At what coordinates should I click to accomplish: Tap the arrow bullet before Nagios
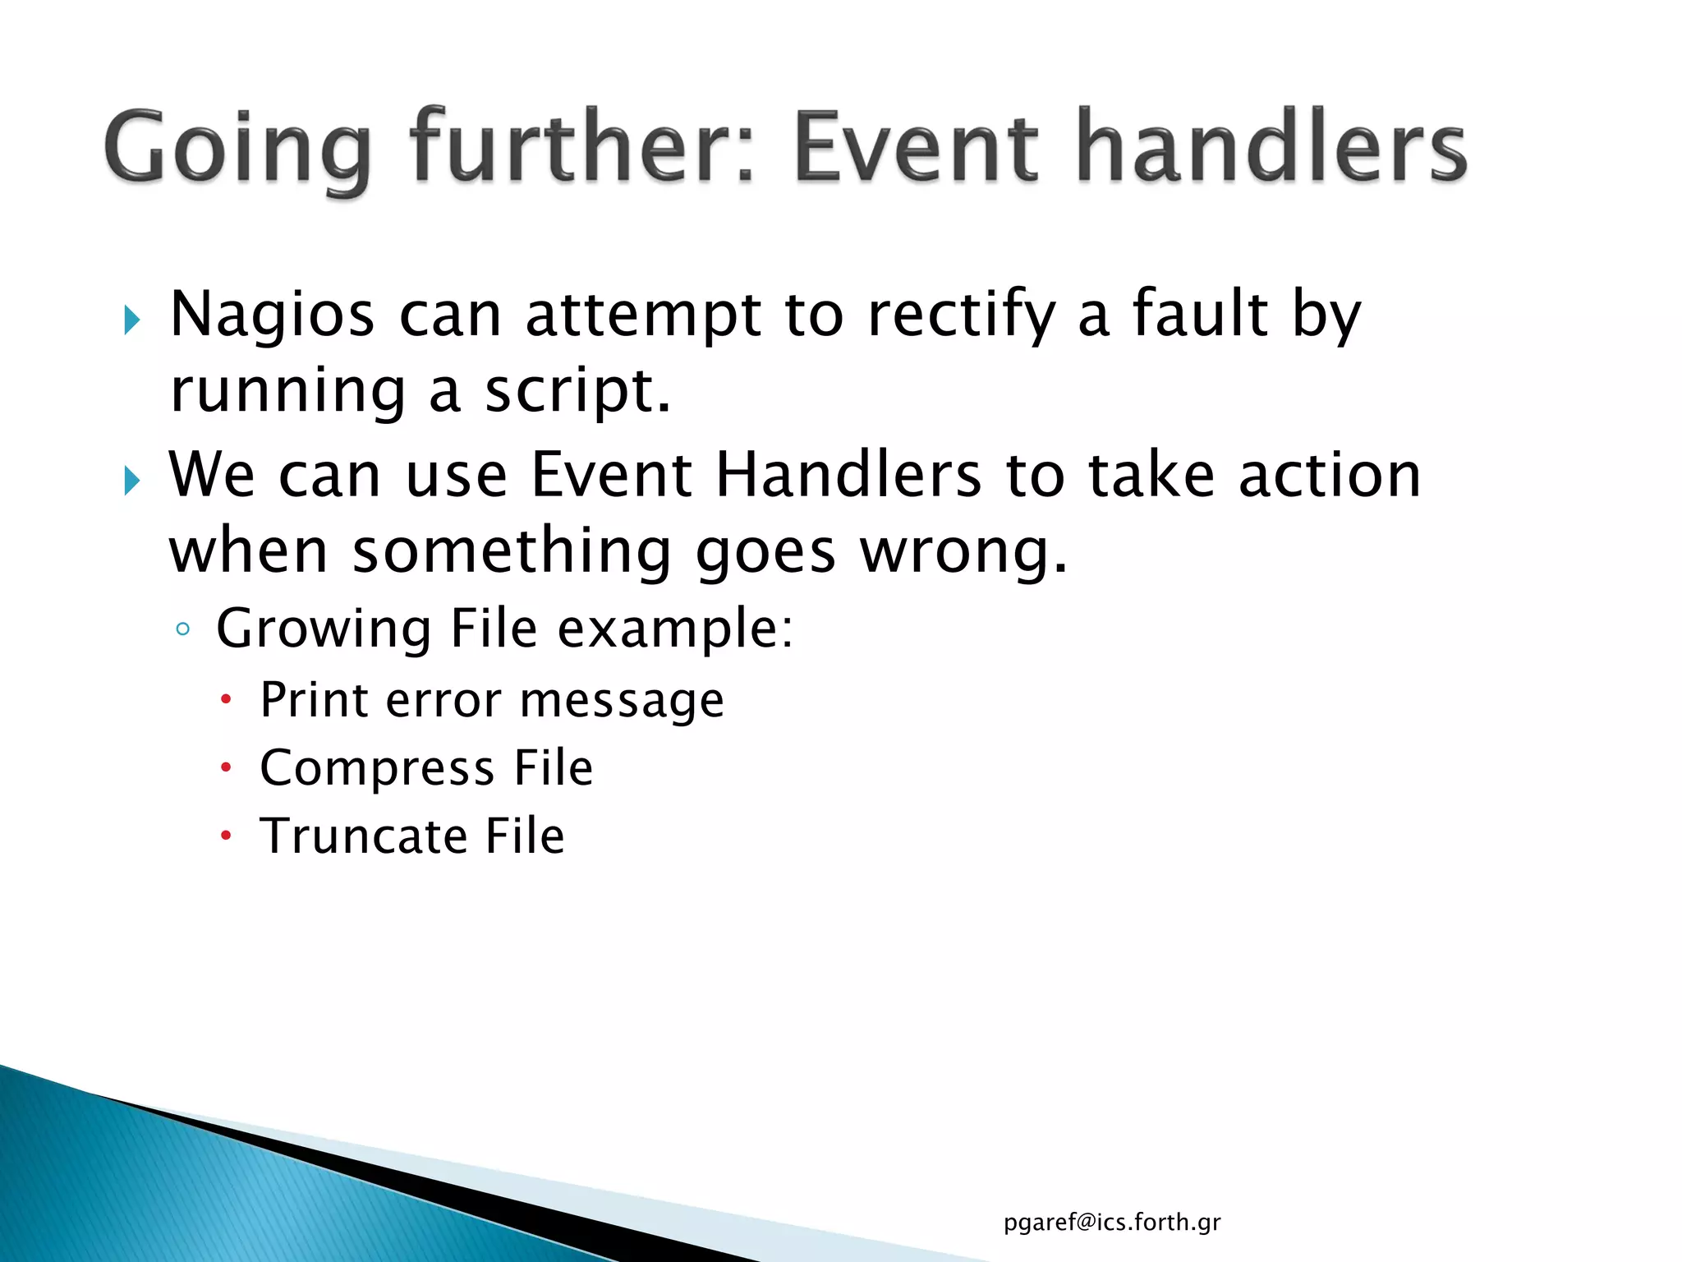coord(132,320)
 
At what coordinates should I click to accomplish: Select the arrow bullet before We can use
coord(132,480)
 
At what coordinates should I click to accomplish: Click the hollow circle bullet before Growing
coord(183,630)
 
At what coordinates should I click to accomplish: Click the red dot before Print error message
coord(227,700)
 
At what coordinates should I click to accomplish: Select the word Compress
coord(377,768)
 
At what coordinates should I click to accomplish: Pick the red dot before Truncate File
coord(227,836)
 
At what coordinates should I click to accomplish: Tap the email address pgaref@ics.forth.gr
coord(1112,1223)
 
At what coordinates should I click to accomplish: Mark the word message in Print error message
coord(622,701)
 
